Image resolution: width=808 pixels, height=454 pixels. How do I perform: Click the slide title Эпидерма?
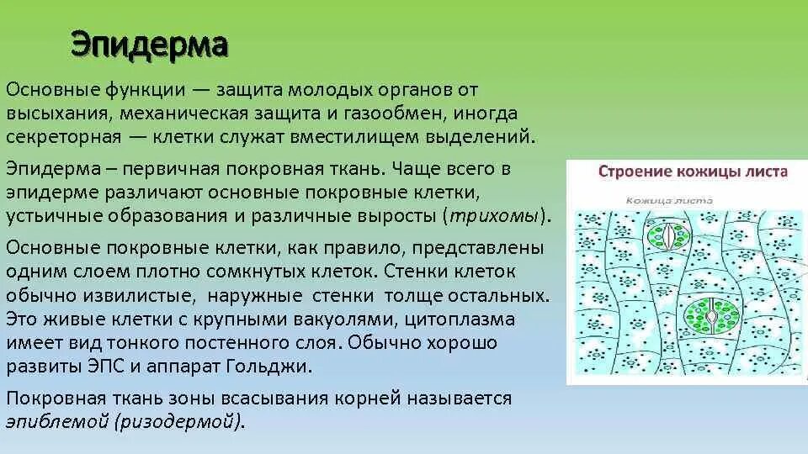point(149,45)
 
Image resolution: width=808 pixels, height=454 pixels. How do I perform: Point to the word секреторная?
point(64,135)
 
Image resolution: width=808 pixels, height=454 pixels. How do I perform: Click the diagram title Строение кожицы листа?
point(693,172)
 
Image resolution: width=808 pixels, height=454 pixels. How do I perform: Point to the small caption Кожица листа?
point(669,200)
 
